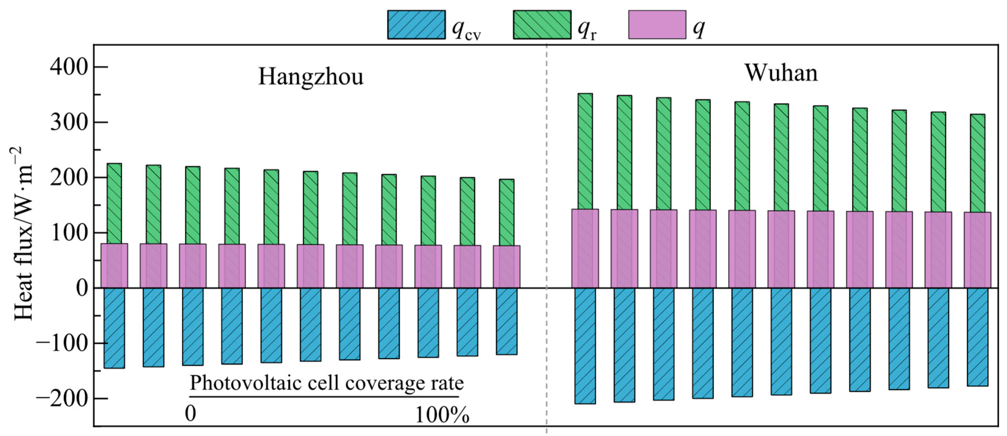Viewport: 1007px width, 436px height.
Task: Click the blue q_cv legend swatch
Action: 416,25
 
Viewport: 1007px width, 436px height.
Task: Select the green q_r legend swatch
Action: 542,25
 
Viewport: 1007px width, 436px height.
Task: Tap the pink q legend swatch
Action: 657,25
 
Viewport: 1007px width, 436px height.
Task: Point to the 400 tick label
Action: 68,67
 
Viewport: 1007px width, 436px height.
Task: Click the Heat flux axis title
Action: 23,234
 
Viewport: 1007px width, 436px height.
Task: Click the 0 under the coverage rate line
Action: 190,413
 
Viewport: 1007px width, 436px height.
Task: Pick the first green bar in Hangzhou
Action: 114,204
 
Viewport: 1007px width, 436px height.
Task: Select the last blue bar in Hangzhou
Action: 507,321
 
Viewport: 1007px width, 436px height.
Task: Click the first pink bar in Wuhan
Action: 585,249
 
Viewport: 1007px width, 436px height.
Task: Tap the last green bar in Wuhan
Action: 977,163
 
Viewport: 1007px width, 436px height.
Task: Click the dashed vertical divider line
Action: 546,239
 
